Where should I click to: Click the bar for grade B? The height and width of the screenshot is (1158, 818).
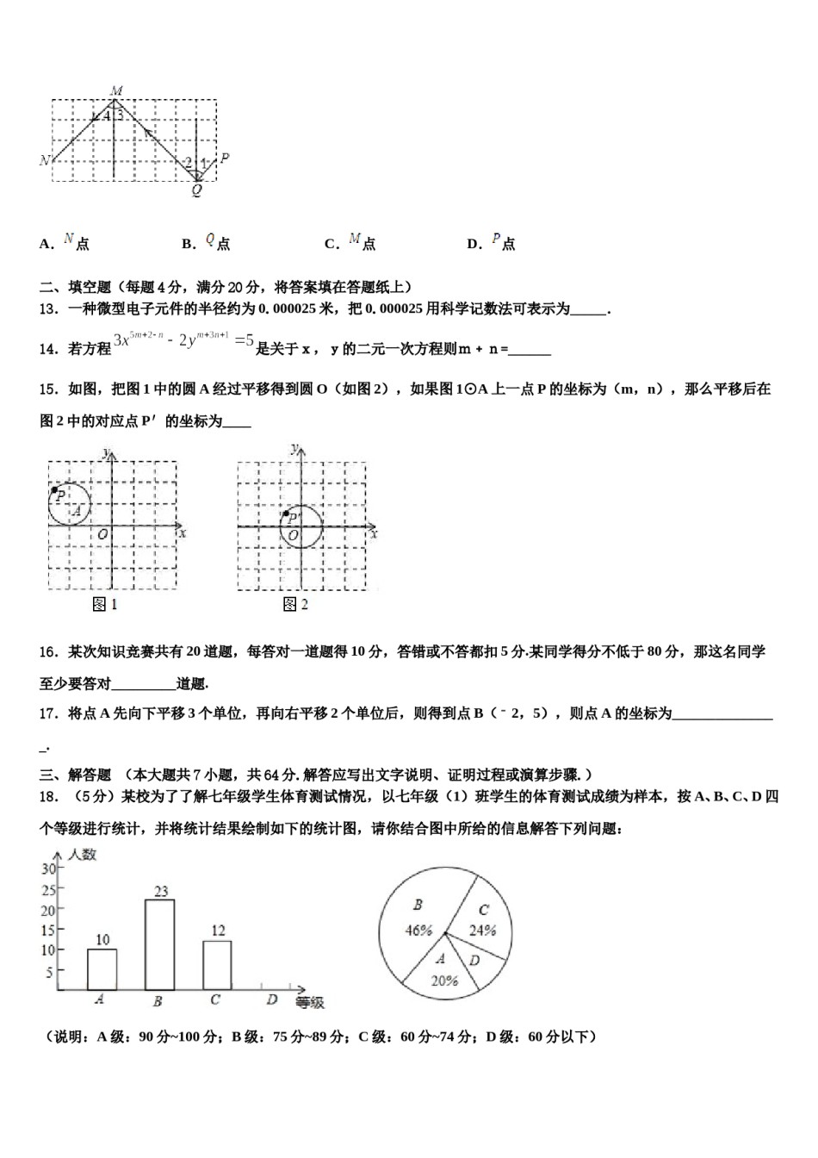coord(159,944)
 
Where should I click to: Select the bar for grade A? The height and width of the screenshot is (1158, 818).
coord(102,968)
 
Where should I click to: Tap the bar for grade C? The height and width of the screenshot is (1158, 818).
coord(217,964)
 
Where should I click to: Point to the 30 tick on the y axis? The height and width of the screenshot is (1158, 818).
coord(47,868)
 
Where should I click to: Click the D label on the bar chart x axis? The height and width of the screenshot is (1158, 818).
coord(271,999)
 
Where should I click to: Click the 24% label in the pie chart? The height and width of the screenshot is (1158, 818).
coord(482,930)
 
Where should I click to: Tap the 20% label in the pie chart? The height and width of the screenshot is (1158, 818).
coord(444,980)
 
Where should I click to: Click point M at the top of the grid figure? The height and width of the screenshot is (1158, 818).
coord(116,90)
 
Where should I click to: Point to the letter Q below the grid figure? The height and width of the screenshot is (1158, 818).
coord(197,191)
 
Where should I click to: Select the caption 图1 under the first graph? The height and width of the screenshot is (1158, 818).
coord(104,605)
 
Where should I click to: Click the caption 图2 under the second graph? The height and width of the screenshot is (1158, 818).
coord(295,605)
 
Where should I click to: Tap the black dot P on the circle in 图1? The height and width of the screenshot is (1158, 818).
coord(55,489)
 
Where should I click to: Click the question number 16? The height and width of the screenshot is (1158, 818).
coord(48,652)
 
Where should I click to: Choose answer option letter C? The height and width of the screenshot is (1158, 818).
coord(331,245)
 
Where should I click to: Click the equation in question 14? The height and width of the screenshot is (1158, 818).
coord(183,342)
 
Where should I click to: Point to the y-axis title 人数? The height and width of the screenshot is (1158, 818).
coord(83,855)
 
